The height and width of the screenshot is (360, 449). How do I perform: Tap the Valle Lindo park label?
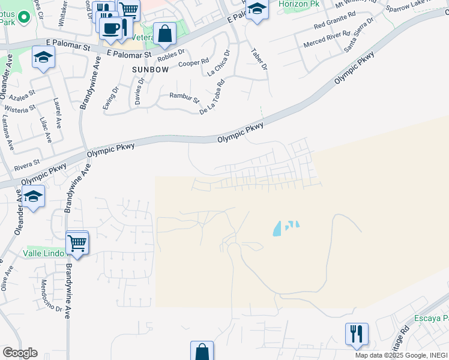(x=44, y=253)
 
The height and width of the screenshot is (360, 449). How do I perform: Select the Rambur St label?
(x=184, y=97)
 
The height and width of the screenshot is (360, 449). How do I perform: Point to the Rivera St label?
(x=27, y=162)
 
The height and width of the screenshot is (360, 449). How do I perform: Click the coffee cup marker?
(x=111, y=27)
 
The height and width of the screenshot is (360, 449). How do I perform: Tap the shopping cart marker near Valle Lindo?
(x=77, y=243)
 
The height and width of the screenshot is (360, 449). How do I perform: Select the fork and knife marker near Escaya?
(x=356, y=332)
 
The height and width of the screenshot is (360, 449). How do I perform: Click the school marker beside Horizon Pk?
(x=257, y=9)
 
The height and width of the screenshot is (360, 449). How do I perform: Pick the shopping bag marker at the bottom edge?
(x=202, y=351)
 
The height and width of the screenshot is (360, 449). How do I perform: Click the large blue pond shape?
(x=278, y=229)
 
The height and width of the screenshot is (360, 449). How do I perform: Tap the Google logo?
(x=20, y=353)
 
